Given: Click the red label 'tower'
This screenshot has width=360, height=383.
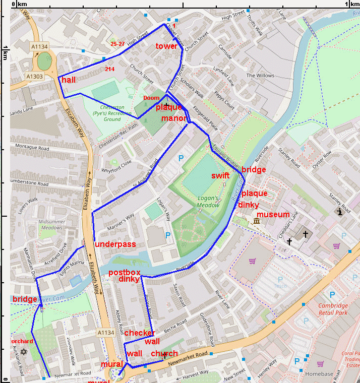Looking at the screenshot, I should (x=166, y=46).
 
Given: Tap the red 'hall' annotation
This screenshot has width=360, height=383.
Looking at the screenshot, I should (x=69, y=80).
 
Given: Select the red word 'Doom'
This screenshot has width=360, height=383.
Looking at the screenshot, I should (x=151, y=98).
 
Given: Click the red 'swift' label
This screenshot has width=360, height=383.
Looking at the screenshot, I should (x=220, y=176).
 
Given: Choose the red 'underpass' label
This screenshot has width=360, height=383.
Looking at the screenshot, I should (x=115, y=244).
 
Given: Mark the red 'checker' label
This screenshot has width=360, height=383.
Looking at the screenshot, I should (x=139, y=333).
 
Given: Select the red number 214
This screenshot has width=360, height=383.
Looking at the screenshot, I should (x=110, y=69).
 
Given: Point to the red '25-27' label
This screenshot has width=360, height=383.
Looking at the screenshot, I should (x=117, y=44).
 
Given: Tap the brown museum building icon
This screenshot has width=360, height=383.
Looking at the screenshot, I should (x=257, y=221).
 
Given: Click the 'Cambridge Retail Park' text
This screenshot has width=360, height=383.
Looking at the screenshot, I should (x=333, y=309).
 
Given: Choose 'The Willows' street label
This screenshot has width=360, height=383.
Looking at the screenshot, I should (x=260, y=76).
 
